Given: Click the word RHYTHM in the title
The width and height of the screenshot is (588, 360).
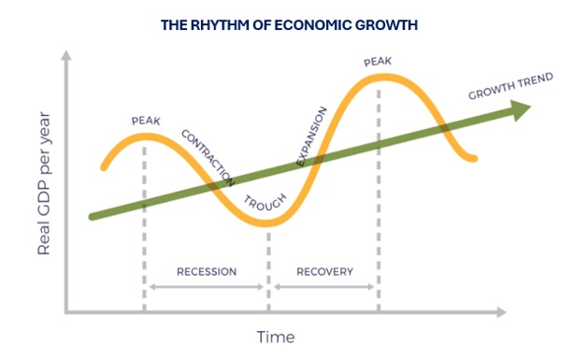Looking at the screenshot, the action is click(220, 25).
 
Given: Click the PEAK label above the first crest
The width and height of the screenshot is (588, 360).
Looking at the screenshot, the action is click(146, 122).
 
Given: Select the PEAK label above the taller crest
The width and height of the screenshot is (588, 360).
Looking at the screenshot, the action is click(378, 62).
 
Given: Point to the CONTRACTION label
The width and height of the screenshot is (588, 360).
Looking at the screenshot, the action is click(208, 158).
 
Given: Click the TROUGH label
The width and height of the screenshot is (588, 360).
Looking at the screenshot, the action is click(265, 202).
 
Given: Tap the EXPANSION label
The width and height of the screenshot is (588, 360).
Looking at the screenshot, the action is click(311, 137).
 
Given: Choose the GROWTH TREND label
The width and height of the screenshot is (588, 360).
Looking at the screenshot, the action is click(510, 86).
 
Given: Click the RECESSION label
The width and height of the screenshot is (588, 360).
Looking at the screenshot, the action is click(207, 271).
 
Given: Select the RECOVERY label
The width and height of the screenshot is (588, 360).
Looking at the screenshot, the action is click(324, 271).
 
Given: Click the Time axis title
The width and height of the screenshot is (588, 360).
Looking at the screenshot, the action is click(276, 338).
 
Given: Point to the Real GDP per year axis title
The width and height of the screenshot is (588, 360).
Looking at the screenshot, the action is click(44, 183).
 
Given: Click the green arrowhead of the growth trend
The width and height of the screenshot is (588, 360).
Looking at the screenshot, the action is click(521, 109).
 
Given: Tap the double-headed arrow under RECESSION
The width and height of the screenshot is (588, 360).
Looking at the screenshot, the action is click(207, 287).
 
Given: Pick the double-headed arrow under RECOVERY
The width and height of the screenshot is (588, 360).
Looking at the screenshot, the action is click(324, 287).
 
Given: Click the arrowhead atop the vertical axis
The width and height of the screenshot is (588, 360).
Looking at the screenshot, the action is click(66, 55).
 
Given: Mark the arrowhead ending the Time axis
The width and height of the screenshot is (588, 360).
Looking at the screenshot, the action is click(501, 311).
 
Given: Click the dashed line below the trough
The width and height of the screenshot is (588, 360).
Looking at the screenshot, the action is click(268, 272).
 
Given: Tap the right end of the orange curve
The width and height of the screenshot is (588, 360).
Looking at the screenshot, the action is click(474, 159).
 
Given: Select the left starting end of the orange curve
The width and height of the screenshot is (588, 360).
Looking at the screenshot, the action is click(104, 167).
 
